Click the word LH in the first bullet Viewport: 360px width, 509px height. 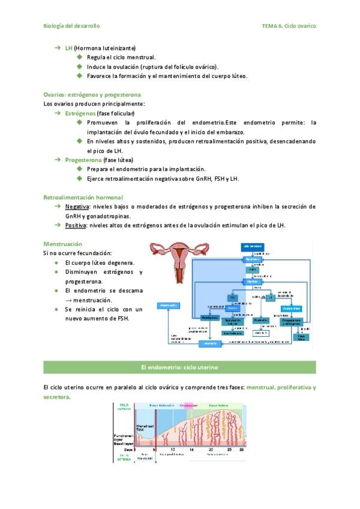[68, 47]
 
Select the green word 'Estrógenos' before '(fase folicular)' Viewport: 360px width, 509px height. [80, 113]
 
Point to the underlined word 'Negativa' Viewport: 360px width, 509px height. [77, 206]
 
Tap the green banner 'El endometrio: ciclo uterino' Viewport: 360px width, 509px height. [179, 366]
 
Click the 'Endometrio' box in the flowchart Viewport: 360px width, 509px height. [210, 344]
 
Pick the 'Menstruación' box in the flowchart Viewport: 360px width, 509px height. [167, 306]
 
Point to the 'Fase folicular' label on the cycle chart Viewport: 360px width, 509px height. [161, 405]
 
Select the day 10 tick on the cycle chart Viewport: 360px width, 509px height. [173, 449]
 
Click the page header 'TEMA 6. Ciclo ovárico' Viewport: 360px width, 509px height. [289, 26]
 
